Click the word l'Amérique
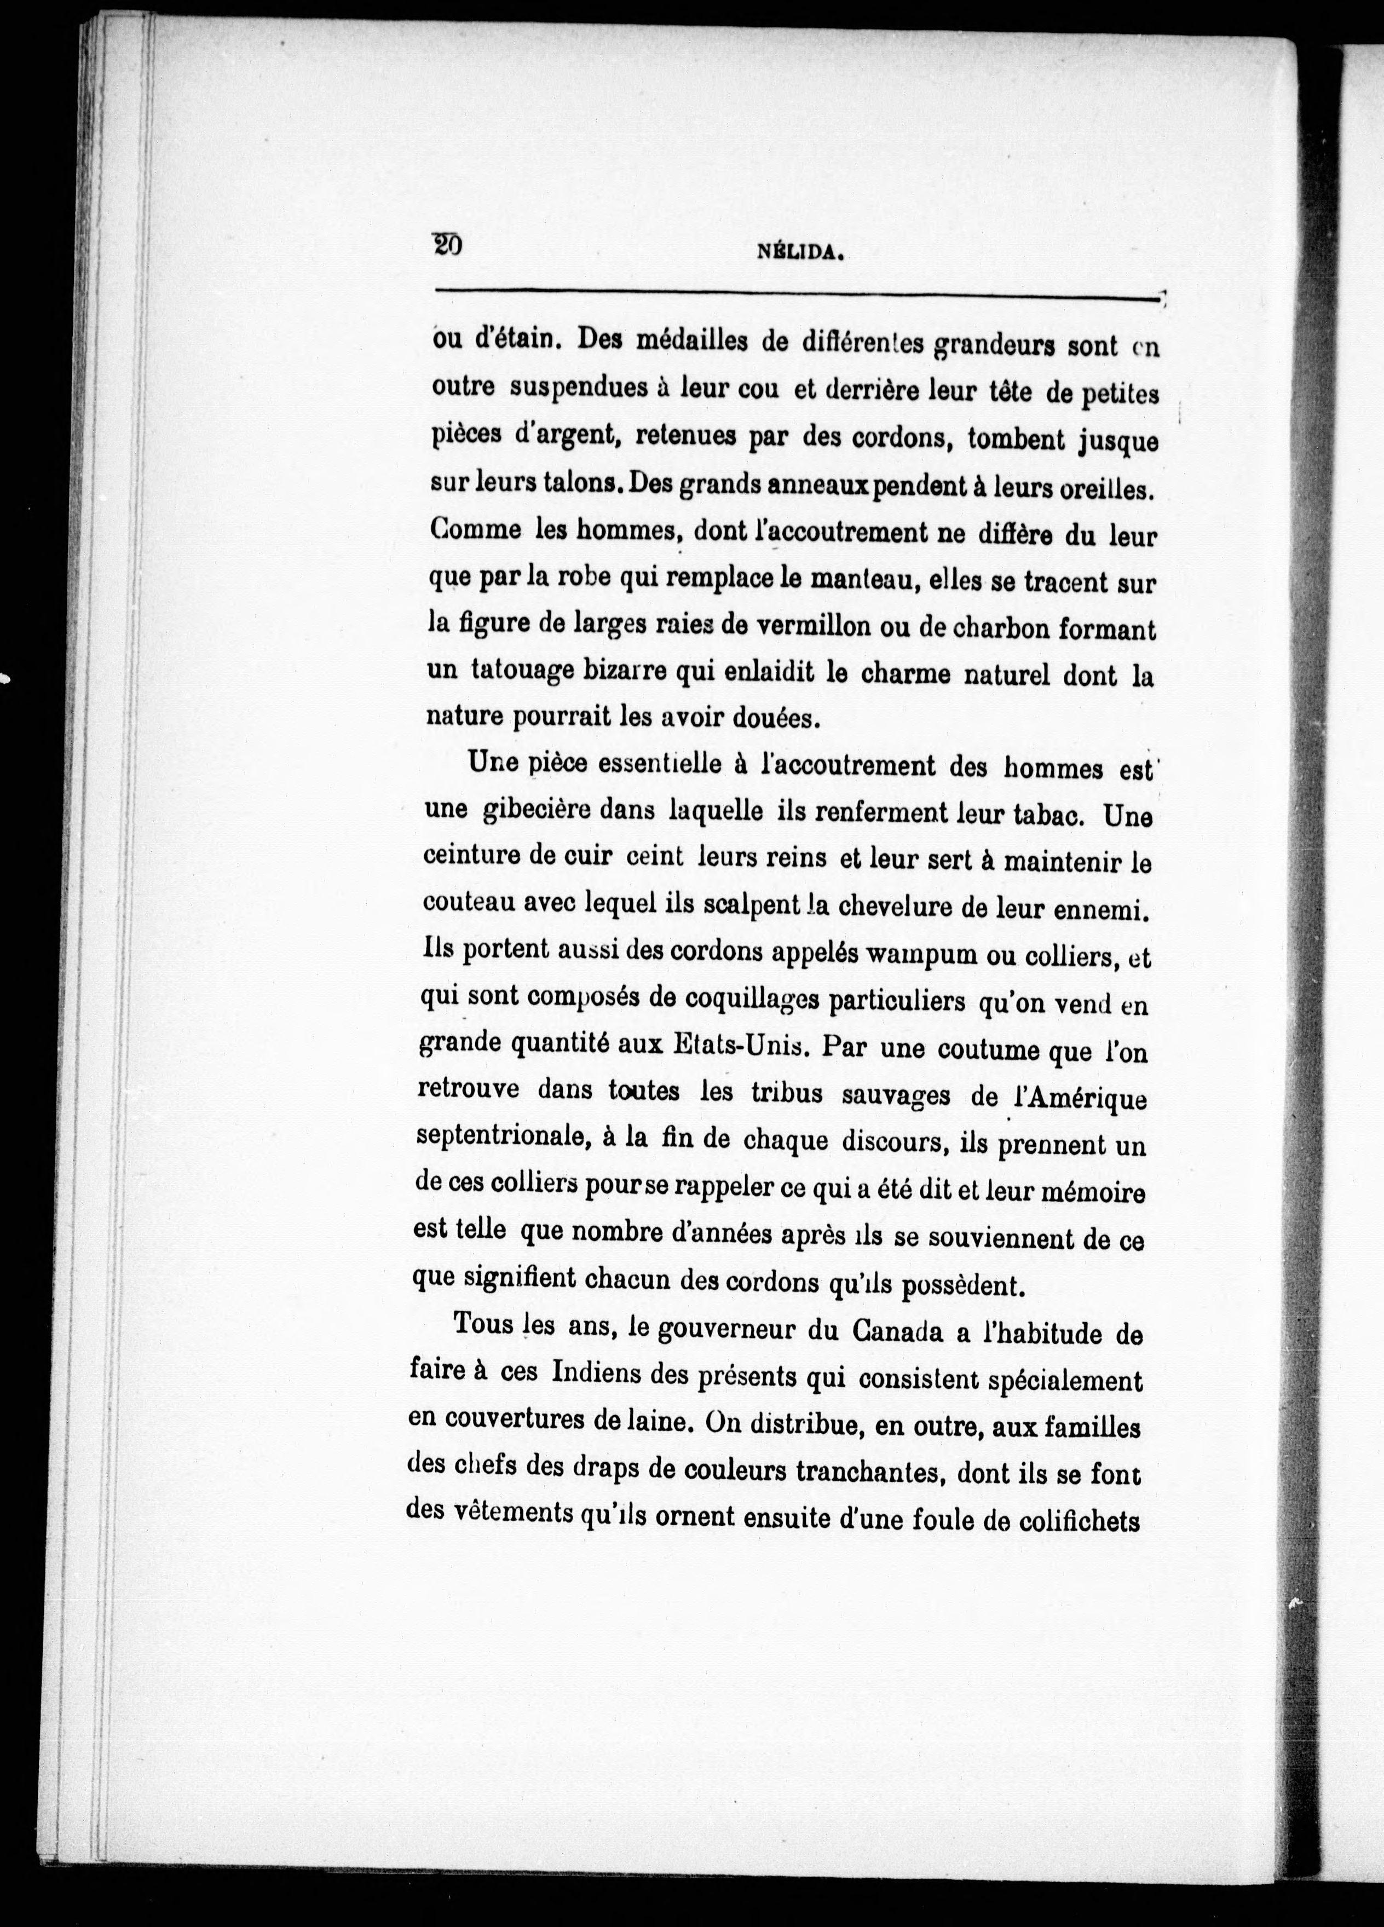pyautogui.click(x=1077, y=1099)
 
